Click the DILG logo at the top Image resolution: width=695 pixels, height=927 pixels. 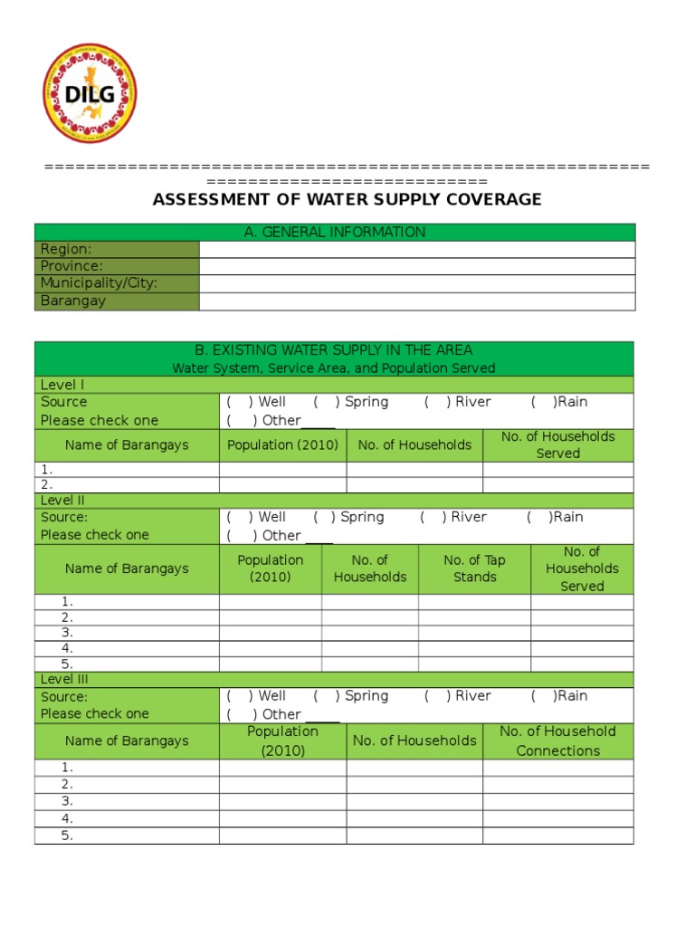click(x=90, y=93)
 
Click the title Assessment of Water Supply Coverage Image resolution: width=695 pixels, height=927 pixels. click(x=347, y=199)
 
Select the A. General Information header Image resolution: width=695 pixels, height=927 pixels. click(x=335, y=233)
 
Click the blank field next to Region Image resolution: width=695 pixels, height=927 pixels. click(x=416, y=250)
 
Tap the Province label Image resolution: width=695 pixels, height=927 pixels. click(x=71, y=266)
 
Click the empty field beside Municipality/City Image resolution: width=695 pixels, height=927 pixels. click(x=416, y=283)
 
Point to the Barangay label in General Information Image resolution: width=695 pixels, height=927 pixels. click(x=73, y=301)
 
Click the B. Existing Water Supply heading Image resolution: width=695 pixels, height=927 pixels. click(x=334, y=350)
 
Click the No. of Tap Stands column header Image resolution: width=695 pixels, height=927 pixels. click(x=474, y=569)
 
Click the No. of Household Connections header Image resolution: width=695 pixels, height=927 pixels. click(x=557, y=741)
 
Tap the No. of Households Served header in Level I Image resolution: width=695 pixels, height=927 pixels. click(x=557, y=444)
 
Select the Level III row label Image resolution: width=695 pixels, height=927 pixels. click(x=64, y=679)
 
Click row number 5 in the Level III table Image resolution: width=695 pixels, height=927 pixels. click(x=67, y=836)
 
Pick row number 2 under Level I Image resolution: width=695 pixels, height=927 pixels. click(x=47, y=484)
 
